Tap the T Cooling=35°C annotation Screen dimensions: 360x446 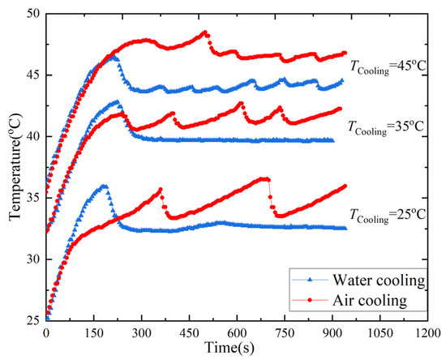click(387, 126)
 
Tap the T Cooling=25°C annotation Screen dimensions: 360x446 click(387, 215)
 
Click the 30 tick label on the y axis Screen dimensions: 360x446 click(35, 259)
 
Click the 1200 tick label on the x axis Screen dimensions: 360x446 click(427, 332)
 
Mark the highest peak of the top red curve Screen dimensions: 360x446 click(205, 32)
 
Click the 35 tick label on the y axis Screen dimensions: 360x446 click(35, 199)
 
